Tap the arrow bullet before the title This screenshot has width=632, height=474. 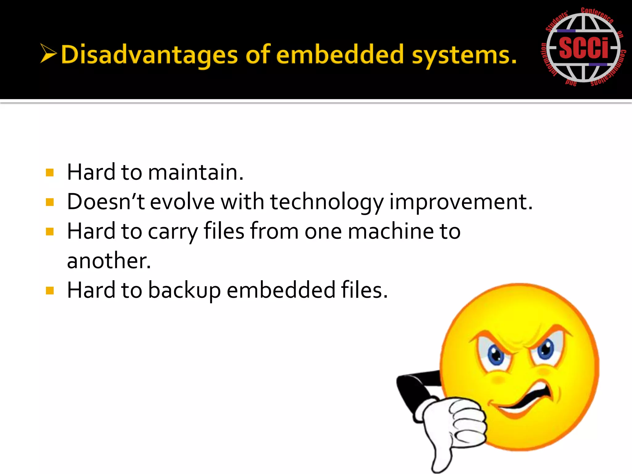point(48,53)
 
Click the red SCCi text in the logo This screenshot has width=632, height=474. point(583,48)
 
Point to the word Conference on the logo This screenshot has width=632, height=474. point(597,15)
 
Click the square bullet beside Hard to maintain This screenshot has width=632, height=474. point(50,173)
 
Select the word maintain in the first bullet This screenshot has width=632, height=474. point(196,172)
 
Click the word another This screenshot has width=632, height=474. point(109,261)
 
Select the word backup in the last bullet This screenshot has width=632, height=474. point(184,290)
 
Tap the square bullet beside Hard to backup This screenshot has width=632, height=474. point(50,290)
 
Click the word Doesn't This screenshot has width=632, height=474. point(106,202)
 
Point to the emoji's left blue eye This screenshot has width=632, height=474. point(496,355)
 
